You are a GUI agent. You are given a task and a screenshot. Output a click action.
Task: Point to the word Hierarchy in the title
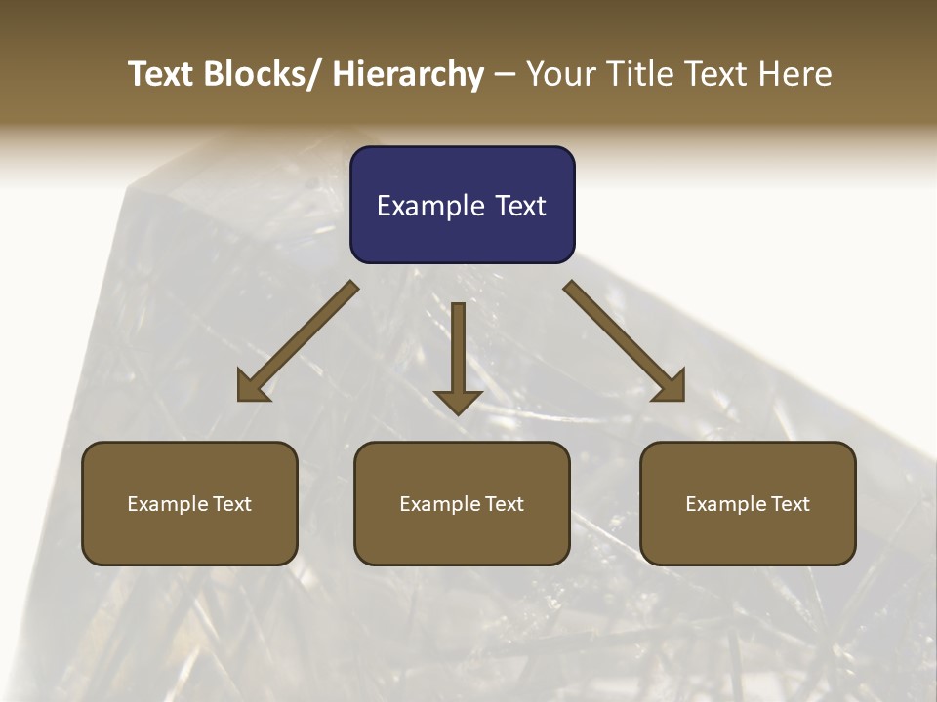(408, 75)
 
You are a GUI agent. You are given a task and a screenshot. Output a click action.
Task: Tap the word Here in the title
(794, 74)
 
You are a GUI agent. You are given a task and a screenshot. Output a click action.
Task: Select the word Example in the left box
(168, 504)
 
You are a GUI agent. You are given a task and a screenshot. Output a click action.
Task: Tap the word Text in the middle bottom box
(503, 504)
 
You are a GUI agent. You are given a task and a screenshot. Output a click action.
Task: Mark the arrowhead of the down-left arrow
(253, 387)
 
